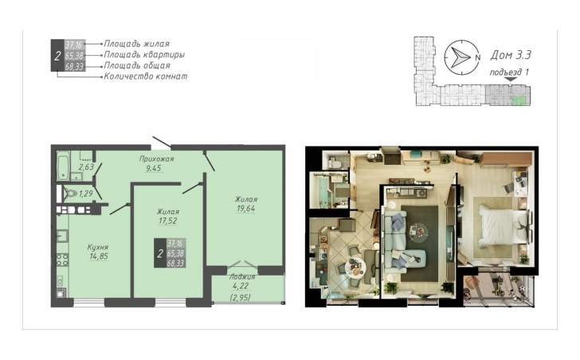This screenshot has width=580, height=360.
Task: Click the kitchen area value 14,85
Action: [99, 256]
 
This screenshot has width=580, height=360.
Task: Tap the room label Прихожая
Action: [156, 159]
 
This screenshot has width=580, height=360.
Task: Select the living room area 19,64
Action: [246, 209]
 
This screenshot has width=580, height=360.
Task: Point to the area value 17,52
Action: [168, 221]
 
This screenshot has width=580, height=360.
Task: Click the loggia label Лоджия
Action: [242, 277]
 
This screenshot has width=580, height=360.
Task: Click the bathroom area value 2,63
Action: [86, 166]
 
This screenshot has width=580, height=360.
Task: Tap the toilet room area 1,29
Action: [86, 194]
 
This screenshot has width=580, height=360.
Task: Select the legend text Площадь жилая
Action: [137, 44]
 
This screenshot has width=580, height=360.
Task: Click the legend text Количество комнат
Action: [145, 76]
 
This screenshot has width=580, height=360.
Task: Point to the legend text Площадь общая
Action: [137, 66]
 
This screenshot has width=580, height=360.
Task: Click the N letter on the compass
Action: [477, 57]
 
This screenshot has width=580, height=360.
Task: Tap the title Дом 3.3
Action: [511, 55]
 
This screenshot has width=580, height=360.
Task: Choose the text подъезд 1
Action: [509, 72]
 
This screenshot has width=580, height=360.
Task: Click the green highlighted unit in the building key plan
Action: [519, 100]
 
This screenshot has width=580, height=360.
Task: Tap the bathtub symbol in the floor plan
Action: [63, 166]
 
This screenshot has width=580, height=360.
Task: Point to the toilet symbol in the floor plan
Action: [69, 194]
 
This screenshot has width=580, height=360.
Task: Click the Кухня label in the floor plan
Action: [98, 247]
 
